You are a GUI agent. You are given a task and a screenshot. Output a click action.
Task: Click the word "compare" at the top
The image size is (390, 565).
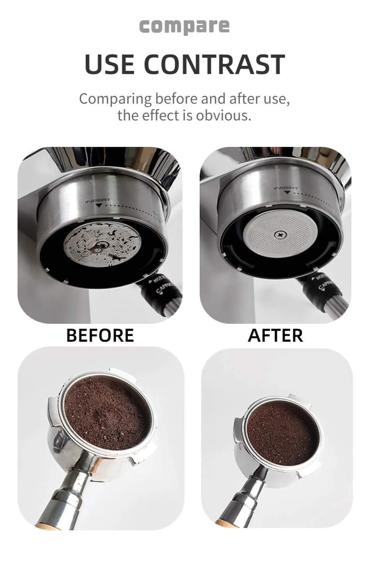point(184,26)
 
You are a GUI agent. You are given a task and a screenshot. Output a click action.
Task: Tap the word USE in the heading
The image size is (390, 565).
point(110,65)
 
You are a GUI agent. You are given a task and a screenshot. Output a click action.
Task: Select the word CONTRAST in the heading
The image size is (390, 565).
point(214,65)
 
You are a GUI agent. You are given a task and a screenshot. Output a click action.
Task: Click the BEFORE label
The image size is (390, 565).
point(100,335)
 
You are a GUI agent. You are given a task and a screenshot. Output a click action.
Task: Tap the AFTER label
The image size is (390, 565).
point(275,335)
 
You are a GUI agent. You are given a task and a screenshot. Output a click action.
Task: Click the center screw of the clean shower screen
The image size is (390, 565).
point(280,235)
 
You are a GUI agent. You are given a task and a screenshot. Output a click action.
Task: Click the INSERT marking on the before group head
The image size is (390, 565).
point(98,201)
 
